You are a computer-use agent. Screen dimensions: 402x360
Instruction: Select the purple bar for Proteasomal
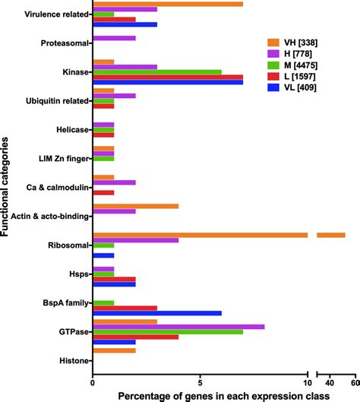pos(114,37)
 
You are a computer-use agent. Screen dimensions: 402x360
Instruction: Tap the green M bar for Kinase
pos(156,71)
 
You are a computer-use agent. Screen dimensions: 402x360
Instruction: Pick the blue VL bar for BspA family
pos(156,313)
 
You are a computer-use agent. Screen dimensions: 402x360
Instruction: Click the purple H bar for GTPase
pos(178,326)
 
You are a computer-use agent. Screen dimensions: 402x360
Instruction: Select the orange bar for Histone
pos(114,350)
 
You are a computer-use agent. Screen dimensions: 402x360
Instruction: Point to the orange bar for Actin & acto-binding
pos(135,206)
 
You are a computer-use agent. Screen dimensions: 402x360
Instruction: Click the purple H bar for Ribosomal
pos(135,240)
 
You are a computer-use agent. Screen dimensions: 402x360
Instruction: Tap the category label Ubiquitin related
pos(50,100)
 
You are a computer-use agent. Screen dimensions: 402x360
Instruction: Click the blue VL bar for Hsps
pos(114,283)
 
